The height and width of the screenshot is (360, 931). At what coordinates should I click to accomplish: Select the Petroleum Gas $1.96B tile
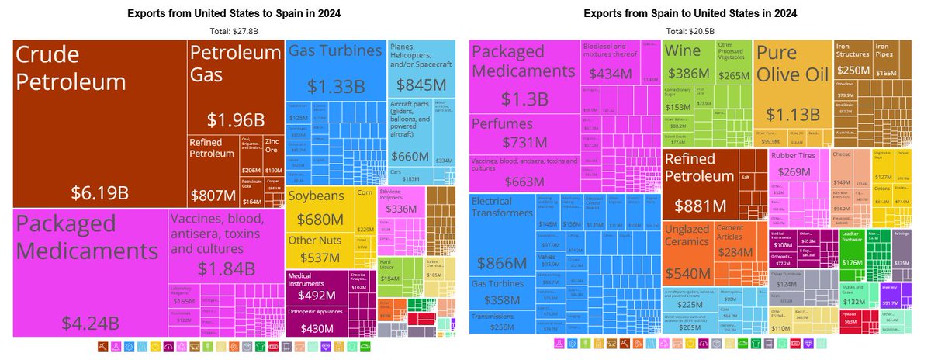235,85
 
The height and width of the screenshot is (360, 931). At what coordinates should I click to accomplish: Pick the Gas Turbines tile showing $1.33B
335,70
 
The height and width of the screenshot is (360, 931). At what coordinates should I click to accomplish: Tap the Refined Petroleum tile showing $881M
699,185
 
